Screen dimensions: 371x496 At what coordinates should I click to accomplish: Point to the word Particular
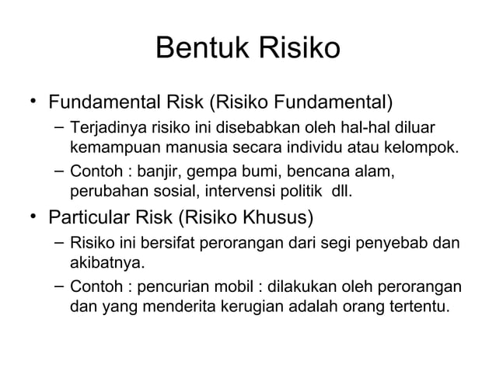pyautogui.click(x=95, y=217)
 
